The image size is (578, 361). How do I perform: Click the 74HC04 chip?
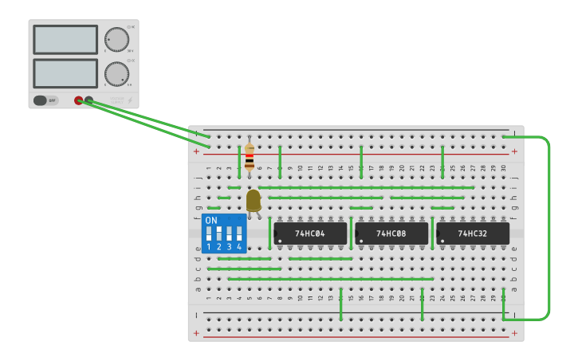point(310,233)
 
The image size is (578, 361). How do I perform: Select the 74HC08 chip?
point(391,233)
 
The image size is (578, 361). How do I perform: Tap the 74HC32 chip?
point(473,233)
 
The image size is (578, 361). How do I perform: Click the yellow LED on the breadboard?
point(254,201)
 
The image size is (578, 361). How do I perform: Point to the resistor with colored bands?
point(250,157)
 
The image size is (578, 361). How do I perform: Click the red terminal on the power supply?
point(78,100)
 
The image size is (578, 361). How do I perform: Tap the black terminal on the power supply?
point(88,100)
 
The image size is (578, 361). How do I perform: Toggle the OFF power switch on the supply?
point(45,100)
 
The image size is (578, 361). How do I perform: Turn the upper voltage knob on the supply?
point(116,39)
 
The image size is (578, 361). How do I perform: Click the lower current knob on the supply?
point(116,73)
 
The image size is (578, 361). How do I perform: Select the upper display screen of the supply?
point(65,39)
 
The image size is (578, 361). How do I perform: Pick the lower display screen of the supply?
point(65,73)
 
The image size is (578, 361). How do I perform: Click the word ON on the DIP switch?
point(211,220)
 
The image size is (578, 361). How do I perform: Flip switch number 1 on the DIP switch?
point(209,233)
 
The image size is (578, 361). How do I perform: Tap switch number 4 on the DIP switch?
point(238,233)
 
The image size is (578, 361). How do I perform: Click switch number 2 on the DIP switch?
point(218,233)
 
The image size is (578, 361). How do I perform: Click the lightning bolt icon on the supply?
point(131,100)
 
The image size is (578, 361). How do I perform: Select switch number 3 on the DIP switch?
point(229,233)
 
